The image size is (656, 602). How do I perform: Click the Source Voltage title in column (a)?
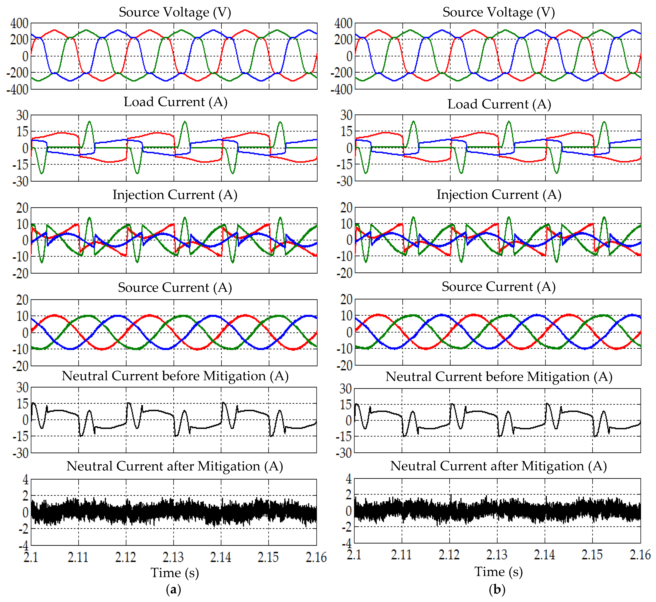[175, 12]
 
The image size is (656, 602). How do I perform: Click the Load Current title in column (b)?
[499, 104]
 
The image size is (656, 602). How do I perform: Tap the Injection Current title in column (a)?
[175, 195]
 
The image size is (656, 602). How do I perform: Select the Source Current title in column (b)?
[498, 287]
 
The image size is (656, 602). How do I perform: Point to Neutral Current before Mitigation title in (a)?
[175, 376]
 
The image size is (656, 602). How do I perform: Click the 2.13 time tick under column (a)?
[173, 557]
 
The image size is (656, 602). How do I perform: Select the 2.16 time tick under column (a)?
[316, 557]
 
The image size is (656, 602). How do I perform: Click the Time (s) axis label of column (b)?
[498, 572]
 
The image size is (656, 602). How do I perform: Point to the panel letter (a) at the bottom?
[173, 589]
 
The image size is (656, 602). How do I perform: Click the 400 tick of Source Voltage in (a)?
[19, 23]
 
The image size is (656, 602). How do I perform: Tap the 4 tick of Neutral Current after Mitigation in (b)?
[349, 479]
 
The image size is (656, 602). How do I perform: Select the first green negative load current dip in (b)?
[366, 173]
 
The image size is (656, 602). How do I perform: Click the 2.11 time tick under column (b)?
[401, 555]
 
